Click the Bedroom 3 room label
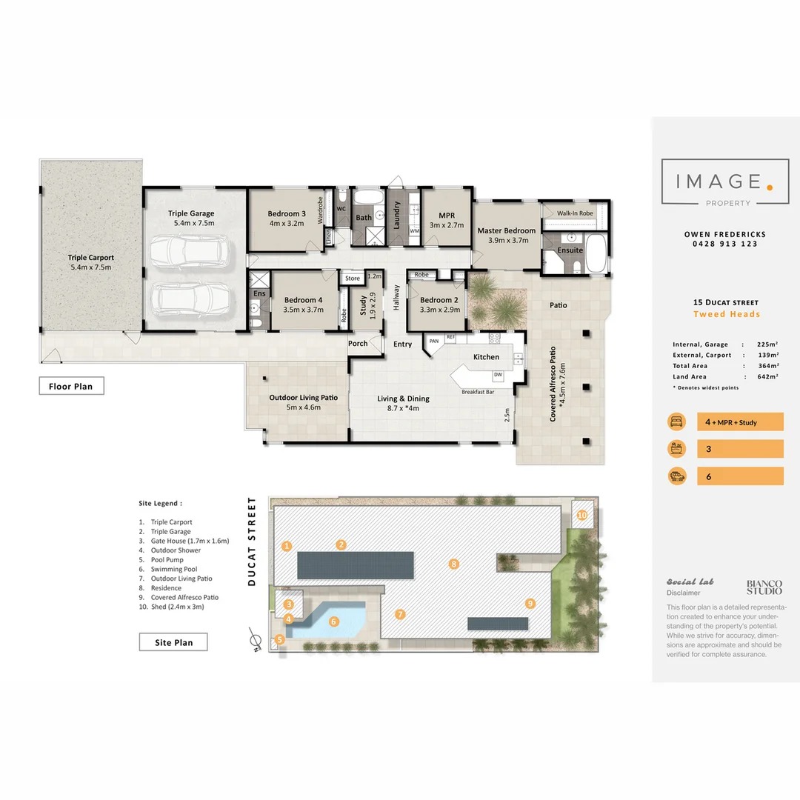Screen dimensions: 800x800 [x=286, y=214]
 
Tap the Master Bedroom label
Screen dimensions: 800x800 [x=506, y=230]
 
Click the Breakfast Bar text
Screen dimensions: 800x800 [x=478, y=392]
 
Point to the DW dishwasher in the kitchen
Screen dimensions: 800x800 [x=498, y=375]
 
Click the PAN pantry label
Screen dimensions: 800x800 [x=433, y=341]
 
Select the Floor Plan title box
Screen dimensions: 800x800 [x=72, y=386]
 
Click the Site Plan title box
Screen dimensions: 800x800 [x=173, y=642]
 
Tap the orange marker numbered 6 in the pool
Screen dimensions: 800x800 [x=333, y=621]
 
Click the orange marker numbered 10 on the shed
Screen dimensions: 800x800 [x=582, y=515]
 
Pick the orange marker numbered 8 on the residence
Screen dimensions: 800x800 [x=454, y=564]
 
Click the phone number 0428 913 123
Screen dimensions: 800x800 [x=724, y=244]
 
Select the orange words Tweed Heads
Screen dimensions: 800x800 [x=726, y=314]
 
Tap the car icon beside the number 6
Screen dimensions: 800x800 [x=676, y=476]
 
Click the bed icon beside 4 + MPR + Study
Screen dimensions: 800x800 [x=676, y=421]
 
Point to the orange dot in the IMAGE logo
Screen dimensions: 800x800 [x=770, y=187]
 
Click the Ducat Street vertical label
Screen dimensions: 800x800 [x=252, y=541]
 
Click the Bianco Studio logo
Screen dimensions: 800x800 [x=763, y=587]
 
